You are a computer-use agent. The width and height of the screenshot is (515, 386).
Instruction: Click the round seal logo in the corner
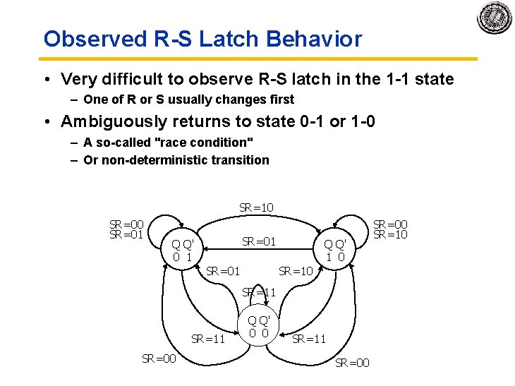coord(494,18)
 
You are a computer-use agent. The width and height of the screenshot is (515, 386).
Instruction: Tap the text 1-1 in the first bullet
coord(399,79)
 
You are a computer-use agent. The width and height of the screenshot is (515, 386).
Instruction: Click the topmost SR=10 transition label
coord(257,207)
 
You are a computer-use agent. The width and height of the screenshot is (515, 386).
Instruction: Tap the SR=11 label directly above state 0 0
coord(259,292)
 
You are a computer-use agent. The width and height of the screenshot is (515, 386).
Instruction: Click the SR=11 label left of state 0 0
coord(208,339)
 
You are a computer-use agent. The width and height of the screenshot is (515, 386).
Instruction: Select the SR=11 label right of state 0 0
coord(309,339)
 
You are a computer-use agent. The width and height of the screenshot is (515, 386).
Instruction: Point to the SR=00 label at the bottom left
coord(159,358)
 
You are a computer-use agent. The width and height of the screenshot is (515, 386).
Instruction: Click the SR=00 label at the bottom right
coord(352,363)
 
